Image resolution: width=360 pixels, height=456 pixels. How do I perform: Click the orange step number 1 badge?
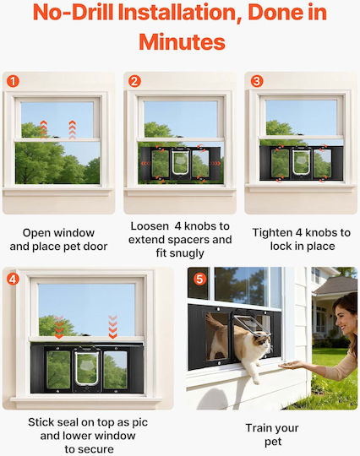(x=13, y=81)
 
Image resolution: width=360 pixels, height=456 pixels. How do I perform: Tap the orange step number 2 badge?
(x=134, y=81)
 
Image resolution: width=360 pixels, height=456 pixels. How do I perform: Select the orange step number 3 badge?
(x=257, y=81)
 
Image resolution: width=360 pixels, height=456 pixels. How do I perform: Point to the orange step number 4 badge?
(x=13, y=280)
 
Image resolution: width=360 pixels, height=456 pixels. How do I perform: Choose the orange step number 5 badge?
(x=199, y=280)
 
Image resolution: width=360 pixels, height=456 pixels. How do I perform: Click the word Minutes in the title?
(x=183, y=42)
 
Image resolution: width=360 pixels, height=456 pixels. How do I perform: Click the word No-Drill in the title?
(x=73, y=13)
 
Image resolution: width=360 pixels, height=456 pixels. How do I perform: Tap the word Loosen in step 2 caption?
(x=150, y=226)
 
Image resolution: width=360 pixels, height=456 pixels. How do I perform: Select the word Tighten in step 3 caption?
(x=272, y=233)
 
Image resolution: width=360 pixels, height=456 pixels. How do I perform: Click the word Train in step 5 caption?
(x=258, y=428)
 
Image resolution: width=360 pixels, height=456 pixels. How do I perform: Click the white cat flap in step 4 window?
(x=87, y=367)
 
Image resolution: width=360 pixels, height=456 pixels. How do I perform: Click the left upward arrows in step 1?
(x=43, y=129)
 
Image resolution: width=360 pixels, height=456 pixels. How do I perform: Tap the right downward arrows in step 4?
(x=112, y=327)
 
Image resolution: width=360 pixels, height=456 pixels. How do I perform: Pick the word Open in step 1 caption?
(x=36, y=233)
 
